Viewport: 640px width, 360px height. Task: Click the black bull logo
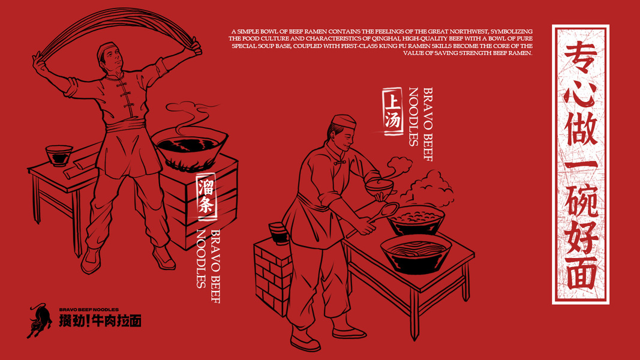[x=39, y=320]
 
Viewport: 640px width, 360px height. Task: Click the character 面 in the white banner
[x=581, y=274]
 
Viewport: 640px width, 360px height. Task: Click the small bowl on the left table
[x=59, y=155]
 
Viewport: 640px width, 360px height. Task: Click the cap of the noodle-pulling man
[x=107, y=50]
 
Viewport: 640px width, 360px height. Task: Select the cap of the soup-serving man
[x=343, y=121]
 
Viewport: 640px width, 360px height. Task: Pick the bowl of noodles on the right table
[x=416, y=253]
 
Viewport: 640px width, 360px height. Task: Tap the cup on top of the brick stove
[x=279, y=233]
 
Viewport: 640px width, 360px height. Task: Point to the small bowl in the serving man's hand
[x=379, y=187]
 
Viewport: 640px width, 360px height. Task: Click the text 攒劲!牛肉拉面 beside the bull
[x=100, y=321]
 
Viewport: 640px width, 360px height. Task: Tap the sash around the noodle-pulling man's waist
[x=125, y=125]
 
